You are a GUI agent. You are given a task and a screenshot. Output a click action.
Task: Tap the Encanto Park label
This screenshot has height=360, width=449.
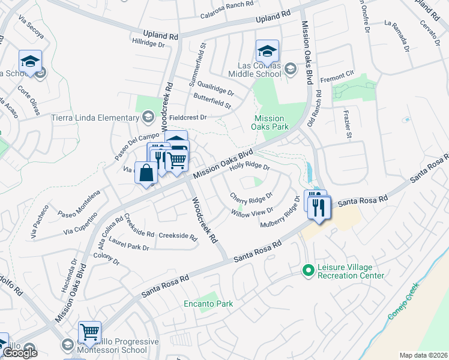pos(208,304)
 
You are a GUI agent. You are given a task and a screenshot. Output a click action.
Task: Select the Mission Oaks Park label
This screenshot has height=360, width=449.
pos(271,122)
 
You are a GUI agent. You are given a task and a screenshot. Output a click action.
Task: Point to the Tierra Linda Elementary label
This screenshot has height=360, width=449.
pos(95,117)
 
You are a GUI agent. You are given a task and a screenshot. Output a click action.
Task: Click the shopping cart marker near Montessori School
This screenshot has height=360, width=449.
pos(89,331)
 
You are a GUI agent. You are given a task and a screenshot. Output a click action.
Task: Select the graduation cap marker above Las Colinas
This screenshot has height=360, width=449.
pos(267,51)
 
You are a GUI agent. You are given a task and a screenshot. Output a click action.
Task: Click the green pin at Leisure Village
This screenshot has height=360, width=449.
pos(308,271)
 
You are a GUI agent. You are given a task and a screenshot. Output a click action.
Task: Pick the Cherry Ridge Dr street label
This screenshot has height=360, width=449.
pos(252,196)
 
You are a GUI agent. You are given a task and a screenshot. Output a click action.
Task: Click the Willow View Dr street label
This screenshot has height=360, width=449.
pos(253,211)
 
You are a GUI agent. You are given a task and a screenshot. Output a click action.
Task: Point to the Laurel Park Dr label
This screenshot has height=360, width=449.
pos(129,247)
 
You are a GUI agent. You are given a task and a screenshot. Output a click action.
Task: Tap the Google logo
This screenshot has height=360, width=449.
pos(20,353)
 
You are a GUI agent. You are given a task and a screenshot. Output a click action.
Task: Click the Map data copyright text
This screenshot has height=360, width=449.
pos(423,355)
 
